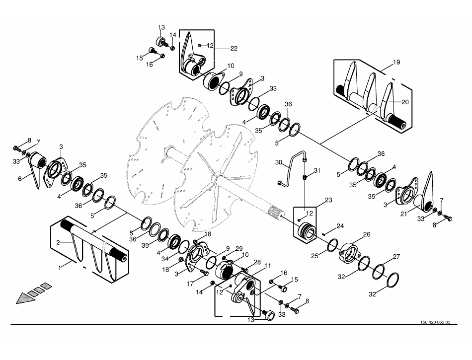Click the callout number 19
(x=396, y=63)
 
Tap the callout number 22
(x=234, y=48)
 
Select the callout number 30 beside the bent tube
(x=279, y=162)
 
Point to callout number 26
(x=367, y=234)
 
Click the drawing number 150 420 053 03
(x=435, y=322)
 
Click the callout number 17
(x=191, y=284)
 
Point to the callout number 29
(x=239, y=248)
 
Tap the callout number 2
(x=58, y=242)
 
